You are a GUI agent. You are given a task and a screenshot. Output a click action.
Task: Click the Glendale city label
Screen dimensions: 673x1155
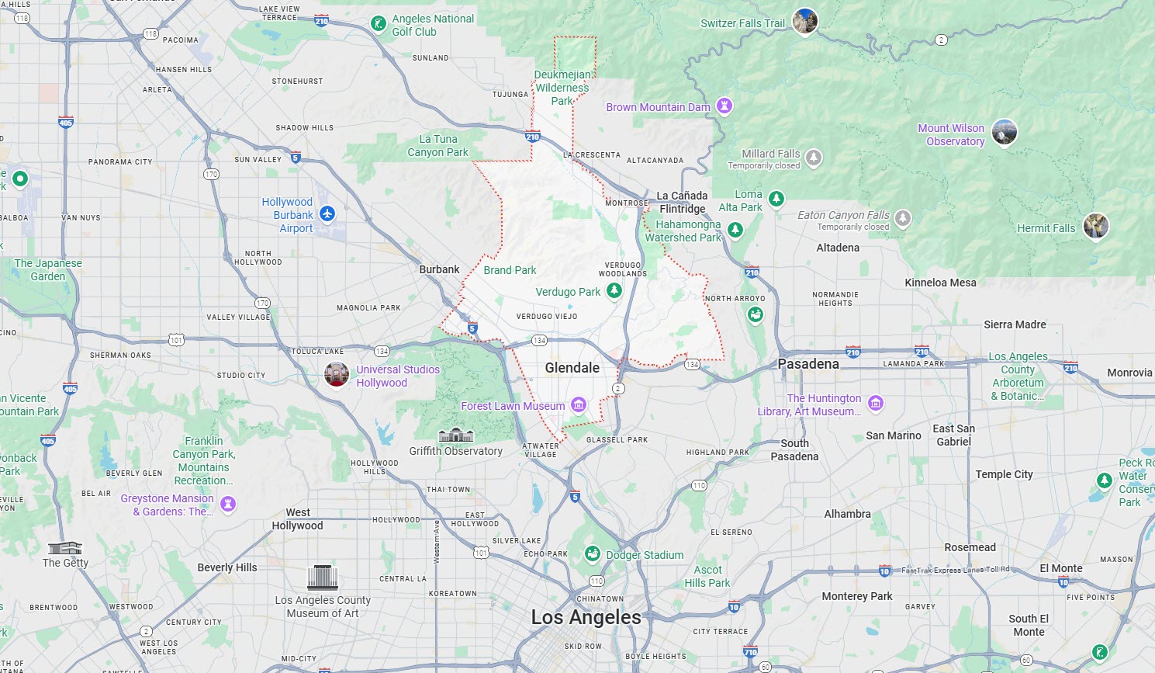coord(572,368)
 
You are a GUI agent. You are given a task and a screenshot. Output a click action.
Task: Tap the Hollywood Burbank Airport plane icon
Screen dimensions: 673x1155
coord(327,213)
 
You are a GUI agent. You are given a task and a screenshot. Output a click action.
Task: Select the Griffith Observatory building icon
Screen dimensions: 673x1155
coord(455,435)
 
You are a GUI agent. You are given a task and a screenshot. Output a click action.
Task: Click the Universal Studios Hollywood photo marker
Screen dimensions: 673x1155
coord(337,374)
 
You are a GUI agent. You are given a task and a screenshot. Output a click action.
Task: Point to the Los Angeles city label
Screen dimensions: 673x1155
coord(586,617)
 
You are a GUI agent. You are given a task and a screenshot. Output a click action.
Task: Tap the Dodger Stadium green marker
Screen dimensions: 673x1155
coord(593,553)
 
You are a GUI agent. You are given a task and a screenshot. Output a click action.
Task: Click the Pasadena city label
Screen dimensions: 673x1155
coord(808,364)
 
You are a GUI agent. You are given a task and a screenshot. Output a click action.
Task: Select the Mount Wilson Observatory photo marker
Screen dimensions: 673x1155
coord(1005,132)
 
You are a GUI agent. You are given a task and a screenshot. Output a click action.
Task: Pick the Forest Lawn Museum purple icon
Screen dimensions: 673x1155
coord(578,404)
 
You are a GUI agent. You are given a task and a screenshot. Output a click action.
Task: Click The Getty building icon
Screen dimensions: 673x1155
coord(65,548)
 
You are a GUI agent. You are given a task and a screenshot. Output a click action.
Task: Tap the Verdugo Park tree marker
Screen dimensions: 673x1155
coord(614,290)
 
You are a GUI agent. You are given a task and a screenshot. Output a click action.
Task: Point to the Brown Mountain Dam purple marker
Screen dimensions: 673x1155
coord(724,106)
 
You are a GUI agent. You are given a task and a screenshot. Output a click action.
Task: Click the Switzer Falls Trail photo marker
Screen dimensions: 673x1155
coord(805,21)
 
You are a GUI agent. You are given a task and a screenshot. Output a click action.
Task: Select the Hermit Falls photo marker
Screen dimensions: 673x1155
coord(1096,226)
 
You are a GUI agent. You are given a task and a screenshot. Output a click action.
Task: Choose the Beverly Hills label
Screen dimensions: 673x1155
coord(227,567)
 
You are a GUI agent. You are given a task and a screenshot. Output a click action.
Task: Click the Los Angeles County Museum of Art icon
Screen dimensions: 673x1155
coord(323,578)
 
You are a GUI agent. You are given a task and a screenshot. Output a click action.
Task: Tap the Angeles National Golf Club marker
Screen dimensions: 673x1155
coord(379,23)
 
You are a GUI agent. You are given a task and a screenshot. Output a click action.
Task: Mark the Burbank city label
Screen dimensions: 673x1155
coord(439,269)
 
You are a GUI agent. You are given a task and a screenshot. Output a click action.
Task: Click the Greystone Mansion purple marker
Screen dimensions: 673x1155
coord(228,504)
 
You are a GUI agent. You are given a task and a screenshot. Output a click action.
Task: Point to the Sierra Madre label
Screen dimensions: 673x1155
coord(1015,324)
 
